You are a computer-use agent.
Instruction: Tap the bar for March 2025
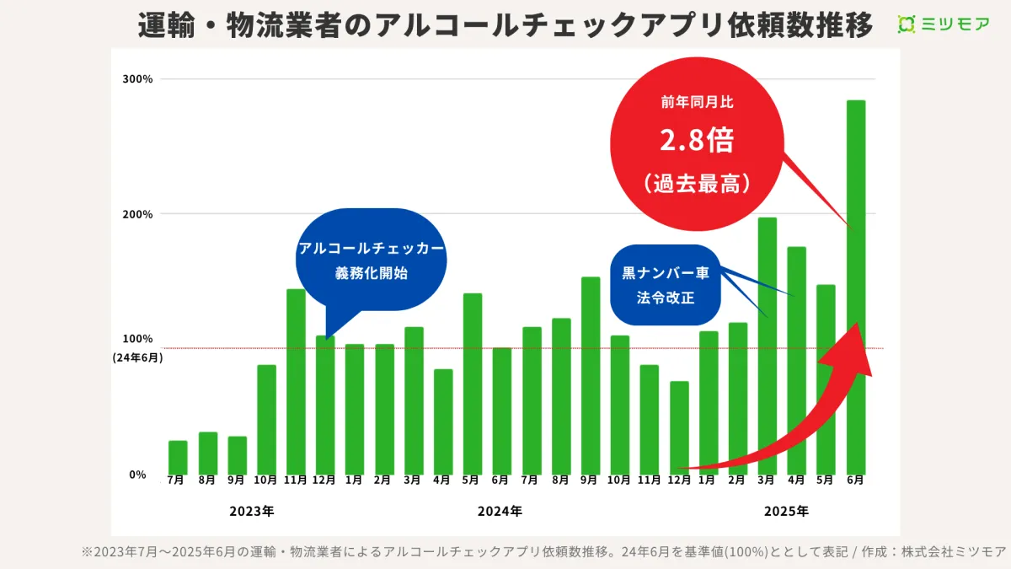[x=768, y=346]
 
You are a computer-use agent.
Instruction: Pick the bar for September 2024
[x=591, y=375]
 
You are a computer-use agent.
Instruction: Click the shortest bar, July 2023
[x=178, y=457]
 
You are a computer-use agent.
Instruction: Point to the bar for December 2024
[x=679, y=427]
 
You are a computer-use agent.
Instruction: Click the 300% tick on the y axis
[x=137, y=79]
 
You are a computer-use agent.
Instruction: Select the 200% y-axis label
[x=137, y=214]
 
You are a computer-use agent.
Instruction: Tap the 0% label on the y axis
[x=137, y=475]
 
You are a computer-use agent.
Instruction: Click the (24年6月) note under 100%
[x=137, y=357]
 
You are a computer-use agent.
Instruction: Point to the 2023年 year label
[x=251, y=511]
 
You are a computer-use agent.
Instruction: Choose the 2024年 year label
[x=500, y=511]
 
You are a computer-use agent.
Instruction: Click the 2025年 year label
[x=786, y=511]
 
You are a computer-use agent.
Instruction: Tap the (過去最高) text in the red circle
[x=697, y=182]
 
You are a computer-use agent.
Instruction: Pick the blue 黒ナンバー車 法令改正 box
[x=666, y=285]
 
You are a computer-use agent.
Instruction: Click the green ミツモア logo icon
[x=907, y=24]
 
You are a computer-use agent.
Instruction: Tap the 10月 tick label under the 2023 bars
[x=266, y=480]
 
